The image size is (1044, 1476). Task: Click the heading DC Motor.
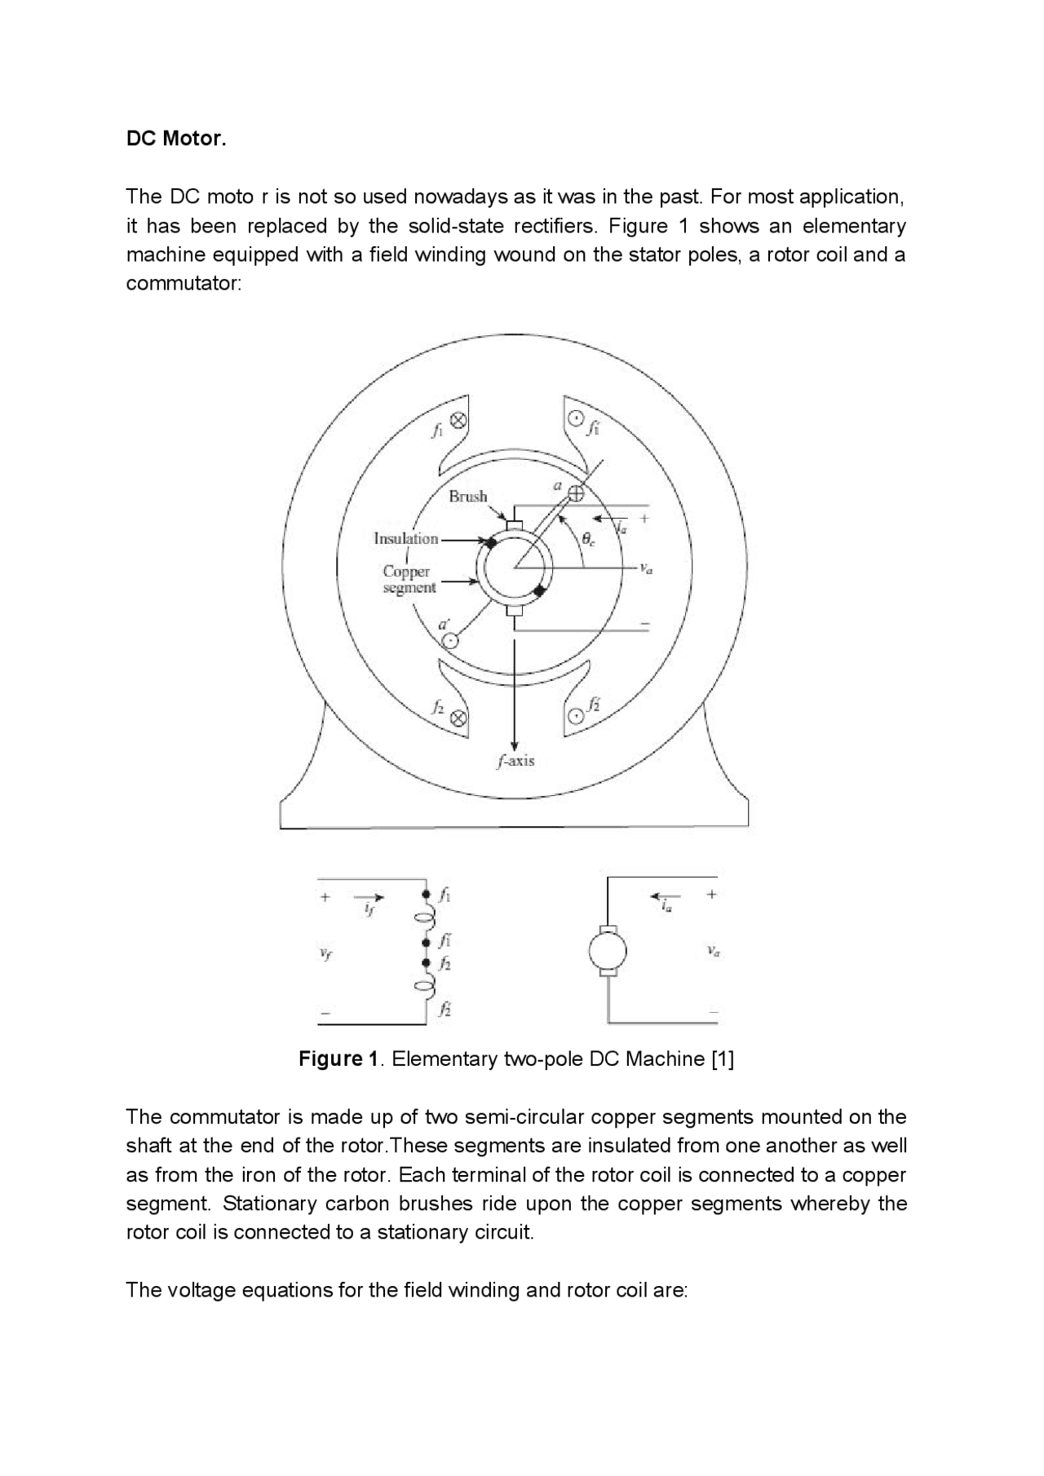175,139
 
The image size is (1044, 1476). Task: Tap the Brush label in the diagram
467,496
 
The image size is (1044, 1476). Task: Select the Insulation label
405,538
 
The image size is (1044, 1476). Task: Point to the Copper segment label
408,579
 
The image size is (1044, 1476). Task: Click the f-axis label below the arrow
515,761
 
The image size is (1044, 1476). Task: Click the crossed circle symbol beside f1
458,421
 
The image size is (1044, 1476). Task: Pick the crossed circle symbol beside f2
458,718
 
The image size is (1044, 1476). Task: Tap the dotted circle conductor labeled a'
449,640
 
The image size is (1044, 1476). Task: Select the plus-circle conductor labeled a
576,492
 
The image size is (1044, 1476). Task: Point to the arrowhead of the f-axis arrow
515,745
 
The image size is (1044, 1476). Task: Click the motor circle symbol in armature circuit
608,951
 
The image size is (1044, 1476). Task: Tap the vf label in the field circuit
326,954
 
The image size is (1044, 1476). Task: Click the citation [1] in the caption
723,1059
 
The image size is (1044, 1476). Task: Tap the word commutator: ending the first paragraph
184,284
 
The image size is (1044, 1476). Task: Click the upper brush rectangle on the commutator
514,526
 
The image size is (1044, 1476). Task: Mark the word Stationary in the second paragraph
270,1204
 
